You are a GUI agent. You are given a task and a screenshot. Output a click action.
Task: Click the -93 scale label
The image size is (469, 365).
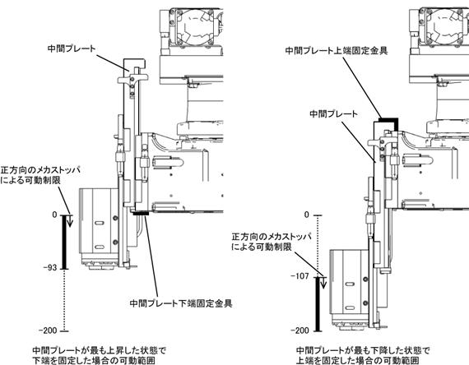50,267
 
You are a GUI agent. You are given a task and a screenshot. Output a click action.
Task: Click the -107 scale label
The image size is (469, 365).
300,276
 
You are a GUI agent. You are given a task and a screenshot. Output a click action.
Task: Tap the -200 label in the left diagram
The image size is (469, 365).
48,330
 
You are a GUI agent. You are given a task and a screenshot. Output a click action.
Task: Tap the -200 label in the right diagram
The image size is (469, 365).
300,330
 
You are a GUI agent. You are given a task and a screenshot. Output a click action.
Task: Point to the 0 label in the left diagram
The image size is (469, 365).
54,215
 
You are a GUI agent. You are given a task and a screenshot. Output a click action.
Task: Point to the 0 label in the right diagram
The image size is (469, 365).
307,215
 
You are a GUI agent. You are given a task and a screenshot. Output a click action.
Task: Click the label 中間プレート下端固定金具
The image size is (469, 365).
181,303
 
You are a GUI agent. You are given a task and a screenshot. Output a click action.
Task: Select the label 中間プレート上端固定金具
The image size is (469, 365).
337,50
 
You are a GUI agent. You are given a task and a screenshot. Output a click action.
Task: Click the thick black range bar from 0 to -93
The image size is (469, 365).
64,242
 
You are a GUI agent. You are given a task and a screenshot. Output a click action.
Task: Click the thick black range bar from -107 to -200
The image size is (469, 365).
318,304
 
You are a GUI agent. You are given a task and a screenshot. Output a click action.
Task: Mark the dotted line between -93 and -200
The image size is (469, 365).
64,300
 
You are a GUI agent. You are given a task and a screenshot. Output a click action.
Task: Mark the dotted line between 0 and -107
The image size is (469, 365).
318,246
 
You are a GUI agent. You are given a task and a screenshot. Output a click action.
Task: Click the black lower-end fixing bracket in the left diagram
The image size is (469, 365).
142,214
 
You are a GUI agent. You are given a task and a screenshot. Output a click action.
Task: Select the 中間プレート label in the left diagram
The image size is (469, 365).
72,49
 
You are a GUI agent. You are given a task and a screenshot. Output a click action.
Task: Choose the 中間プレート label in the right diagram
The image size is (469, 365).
333,113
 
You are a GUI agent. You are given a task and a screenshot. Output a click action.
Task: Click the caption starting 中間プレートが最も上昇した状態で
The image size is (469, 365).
99,355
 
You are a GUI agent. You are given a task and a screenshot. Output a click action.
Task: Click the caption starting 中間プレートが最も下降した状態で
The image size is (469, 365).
363,355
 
